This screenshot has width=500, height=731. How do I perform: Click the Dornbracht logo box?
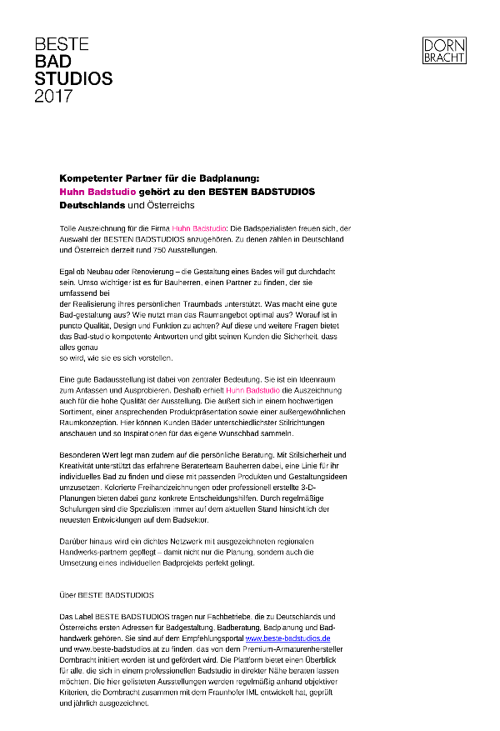tap(444, 51)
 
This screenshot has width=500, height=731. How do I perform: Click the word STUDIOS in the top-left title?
tap(73, 78)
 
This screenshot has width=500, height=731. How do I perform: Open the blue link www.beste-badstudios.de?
tap(287, 638)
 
